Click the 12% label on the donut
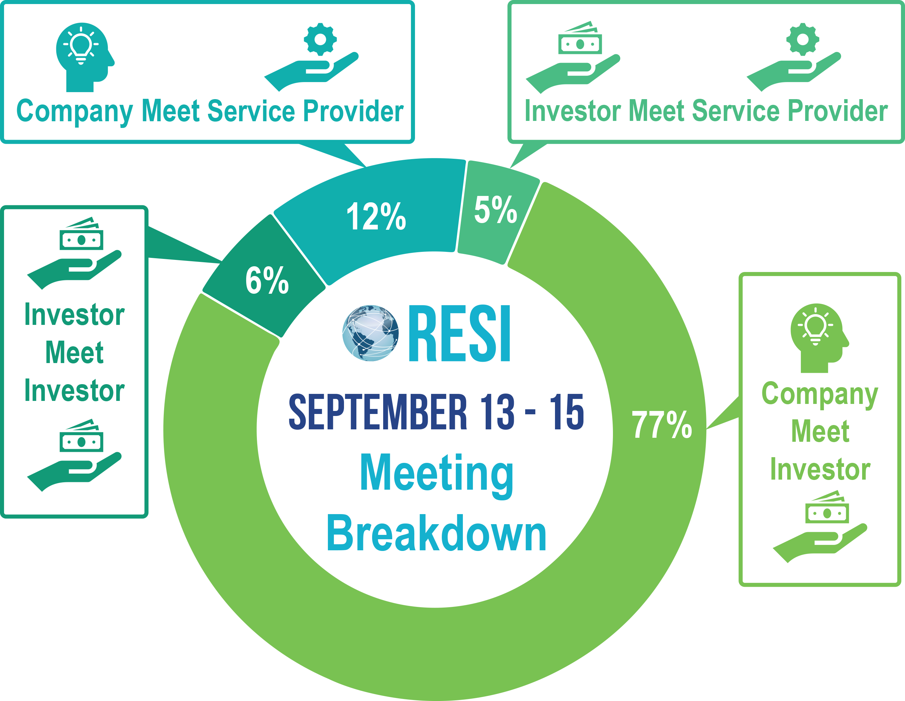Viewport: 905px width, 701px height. [376, 216]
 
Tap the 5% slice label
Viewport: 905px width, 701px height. [496, 210]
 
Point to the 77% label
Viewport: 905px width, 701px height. [662, 424]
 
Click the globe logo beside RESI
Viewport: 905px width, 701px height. [370, 333]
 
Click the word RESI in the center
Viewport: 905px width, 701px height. [460, 334]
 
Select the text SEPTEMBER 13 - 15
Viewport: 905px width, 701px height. [436, 412]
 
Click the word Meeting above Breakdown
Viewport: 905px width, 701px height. [437, 473]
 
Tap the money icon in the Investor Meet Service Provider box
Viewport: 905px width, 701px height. [579, 40]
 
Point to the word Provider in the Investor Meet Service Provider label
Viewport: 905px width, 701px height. [837, 111]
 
